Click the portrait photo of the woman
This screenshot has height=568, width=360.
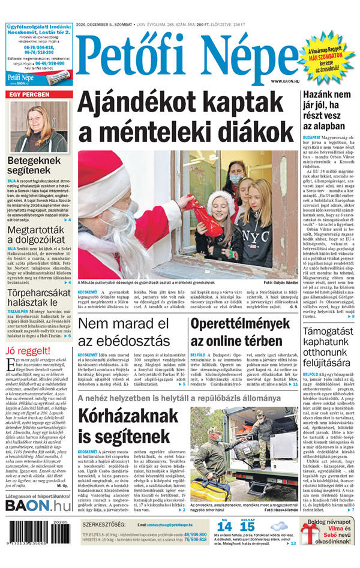coord(39,126)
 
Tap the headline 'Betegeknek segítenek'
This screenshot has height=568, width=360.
coord(35,166)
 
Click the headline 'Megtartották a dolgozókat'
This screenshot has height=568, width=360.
coord(37,229)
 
